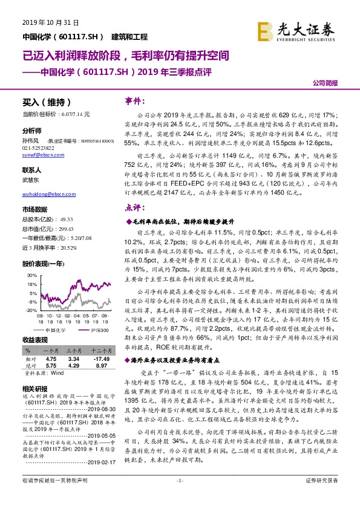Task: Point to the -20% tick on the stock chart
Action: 28,310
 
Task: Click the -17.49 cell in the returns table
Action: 100,358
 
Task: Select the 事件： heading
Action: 134,100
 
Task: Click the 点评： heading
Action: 134,206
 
